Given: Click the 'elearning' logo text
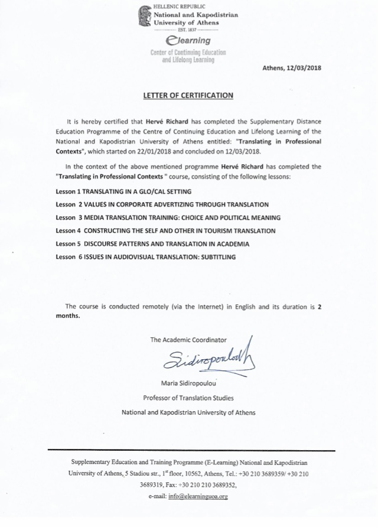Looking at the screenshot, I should click(188, 40).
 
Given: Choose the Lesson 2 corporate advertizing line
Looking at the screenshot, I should click(160, 205).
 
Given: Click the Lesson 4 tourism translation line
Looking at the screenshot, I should click(165, 230).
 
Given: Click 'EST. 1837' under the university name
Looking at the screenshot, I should click(185, 28).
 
